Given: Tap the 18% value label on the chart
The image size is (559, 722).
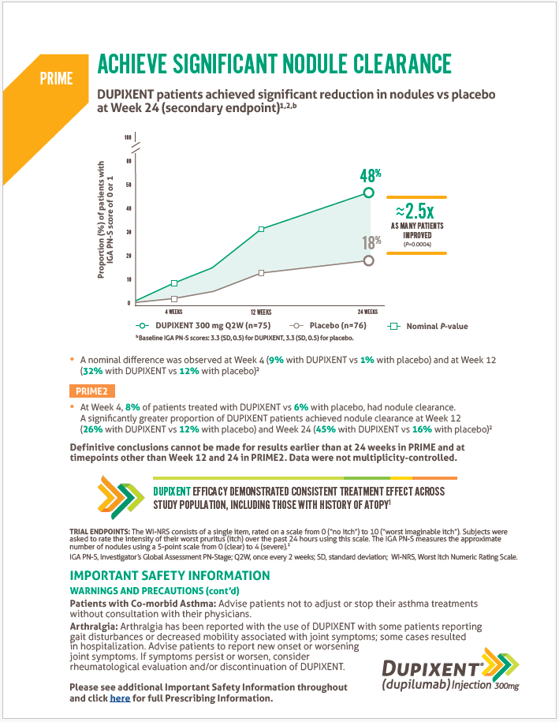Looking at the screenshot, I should point(371,244).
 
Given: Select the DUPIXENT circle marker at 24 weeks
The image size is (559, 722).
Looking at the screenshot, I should point(368,193).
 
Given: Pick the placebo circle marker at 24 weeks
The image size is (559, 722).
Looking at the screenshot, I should point(368,260).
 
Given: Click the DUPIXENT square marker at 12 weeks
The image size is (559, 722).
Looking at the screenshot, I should point(262,229).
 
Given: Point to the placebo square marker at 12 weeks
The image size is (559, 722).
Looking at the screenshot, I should point(262,273).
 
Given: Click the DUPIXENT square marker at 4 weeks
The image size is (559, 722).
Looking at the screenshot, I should point(174,283).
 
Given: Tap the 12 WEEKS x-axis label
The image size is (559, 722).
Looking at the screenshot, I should point(262,312).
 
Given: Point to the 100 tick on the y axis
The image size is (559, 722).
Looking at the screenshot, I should point(128,138).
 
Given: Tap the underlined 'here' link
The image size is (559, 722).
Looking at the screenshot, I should point(120,698).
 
